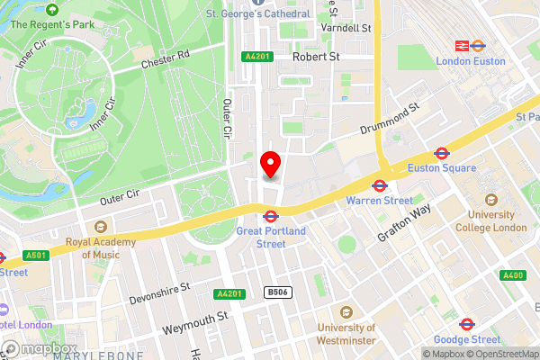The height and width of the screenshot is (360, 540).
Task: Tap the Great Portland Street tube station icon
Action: pos(270,216)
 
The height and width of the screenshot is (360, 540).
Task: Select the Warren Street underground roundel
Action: pos(380,186)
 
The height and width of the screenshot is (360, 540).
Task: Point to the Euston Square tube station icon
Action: pos(442,154)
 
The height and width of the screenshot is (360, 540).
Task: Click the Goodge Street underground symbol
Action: pos(466,324)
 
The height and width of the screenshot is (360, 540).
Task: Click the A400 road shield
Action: pos(513,275)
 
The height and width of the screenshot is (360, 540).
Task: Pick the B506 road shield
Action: pos(276,292)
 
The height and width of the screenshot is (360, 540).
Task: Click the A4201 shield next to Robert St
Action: pos(256,57)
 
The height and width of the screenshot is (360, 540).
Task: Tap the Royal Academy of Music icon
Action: pos(100,226)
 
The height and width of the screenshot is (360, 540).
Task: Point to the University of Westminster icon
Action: pos(346,312)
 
